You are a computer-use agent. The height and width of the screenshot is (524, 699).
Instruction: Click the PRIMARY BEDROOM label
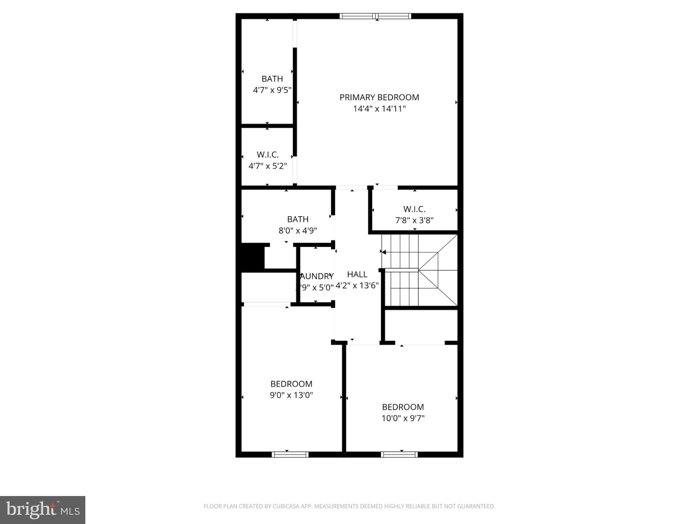[x=379, y=97]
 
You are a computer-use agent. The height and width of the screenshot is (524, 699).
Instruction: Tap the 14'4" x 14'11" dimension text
[x=379, y=109]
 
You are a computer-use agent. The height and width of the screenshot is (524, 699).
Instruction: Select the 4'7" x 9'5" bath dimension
[x=272, y=90]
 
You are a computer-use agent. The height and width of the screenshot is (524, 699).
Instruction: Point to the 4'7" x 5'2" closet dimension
[x=268, y=166]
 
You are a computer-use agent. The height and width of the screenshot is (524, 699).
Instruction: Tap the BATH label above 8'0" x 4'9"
[x=298, y=219]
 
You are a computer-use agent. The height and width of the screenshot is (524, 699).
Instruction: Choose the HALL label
[x=357, y=274]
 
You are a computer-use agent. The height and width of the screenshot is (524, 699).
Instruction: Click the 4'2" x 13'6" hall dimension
[x=357, y=286]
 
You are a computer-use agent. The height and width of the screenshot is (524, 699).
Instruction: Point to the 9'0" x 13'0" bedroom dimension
[x=291, y=395]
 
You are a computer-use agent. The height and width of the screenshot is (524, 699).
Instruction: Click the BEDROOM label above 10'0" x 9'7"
[x=403, y=407]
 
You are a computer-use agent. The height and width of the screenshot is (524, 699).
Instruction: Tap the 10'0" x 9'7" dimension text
[x=403, y=418]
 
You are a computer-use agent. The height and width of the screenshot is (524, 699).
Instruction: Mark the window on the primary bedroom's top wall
[x=375, y=16]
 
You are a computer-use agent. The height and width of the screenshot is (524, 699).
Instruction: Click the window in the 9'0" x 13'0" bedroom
[x=290, y=454]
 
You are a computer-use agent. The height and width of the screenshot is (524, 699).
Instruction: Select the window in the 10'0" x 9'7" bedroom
[x=399, y=454]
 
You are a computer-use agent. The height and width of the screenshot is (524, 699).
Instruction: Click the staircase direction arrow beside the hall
[x=384, y=252]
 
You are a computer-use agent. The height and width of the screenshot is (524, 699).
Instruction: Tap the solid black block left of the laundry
[x=253, y=257]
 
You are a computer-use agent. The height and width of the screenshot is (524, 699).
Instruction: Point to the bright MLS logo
[x=43, y=510]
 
